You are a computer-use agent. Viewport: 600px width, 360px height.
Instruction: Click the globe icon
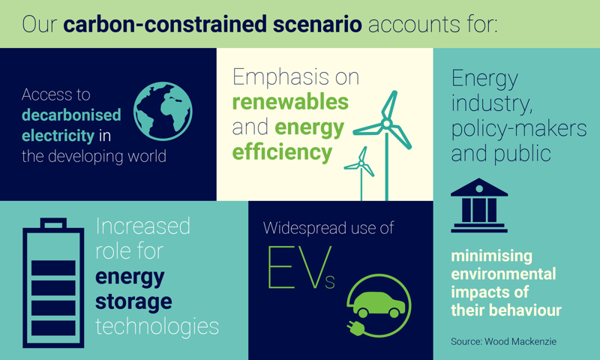click(x=163, y=112)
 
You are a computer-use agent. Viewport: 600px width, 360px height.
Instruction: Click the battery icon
click(x=53, y=285)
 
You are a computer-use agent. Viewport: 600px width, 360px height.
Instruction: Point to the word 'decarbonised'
click(x=71, y=115)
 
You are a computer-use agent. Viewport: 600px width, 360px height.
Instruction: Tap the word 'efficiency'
click(x=282, y=152)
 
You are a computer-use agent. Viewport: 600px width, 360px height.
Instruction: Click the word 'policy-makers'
click(x=518, y=128)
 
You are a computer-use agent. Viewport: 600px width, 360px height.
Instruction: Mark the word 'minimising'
click(x=491, y=256)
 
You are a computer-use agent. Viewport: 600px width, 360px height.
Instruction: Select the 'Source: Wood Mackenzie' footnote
click(x=503, y=341)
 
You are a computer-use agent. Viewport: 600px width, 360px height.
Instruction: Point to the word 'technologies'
click(x=157, y=326)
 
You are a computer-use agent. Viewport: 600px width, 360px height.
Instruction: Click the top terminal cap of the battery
click(x=53, y=223)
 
